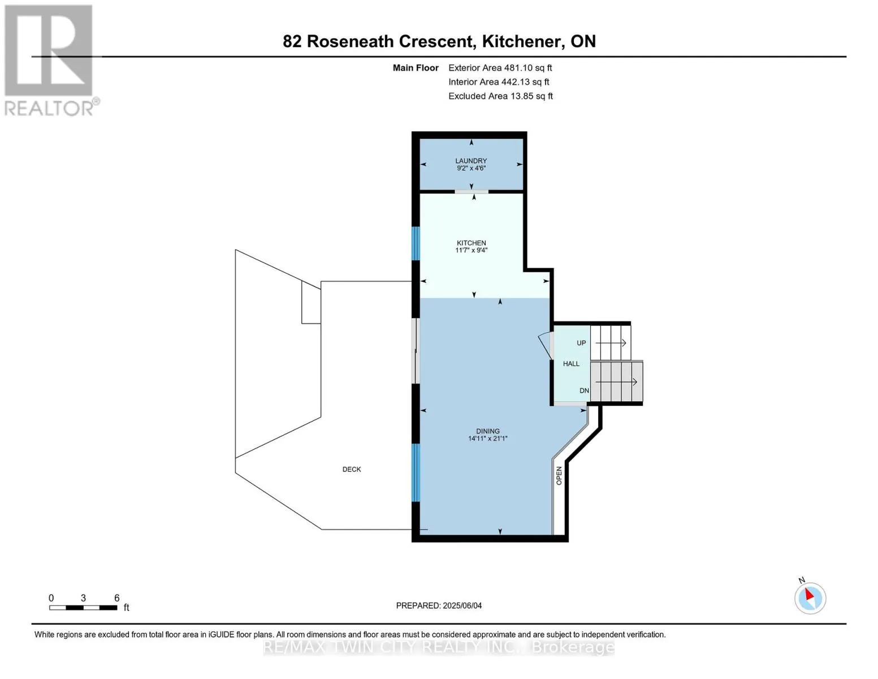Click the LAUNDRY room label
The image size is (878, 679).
click(471, 161)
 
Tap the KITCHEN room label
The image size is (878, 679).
click(471, 243)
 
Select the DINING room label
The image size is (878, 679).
click(488, 431)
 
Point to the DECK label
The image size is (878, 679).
click(352, 469)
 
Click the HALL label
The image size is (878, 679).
click(571, 364)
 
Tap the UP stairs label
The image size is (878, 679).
click(581, 343)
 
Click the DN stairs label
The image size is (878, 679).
click(584, 390)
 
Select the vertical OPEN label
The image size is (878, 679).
click(559, 476)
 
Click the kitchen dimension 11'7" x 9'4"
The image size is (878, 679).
click(471, 250)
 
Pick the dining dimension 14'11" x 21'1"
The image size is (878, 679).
click(488, 439)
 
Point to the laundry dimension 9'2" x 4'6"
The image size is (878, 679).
click(471, 168)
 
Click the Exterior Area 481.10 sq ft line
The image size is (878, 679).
click(500, 68)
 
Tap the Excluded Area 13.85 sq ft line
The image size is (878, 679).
click(500, 96)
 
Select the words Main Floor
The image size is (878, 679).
click(416, 68)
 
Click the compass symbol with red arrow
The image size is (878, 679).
click(810, 598)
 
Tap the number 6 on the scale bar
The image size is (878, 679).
click(117, 598)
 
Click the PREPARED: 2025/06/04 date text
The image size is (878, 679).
click(439, 605)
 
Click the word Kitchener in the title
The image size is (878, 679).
click(524, 42)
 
